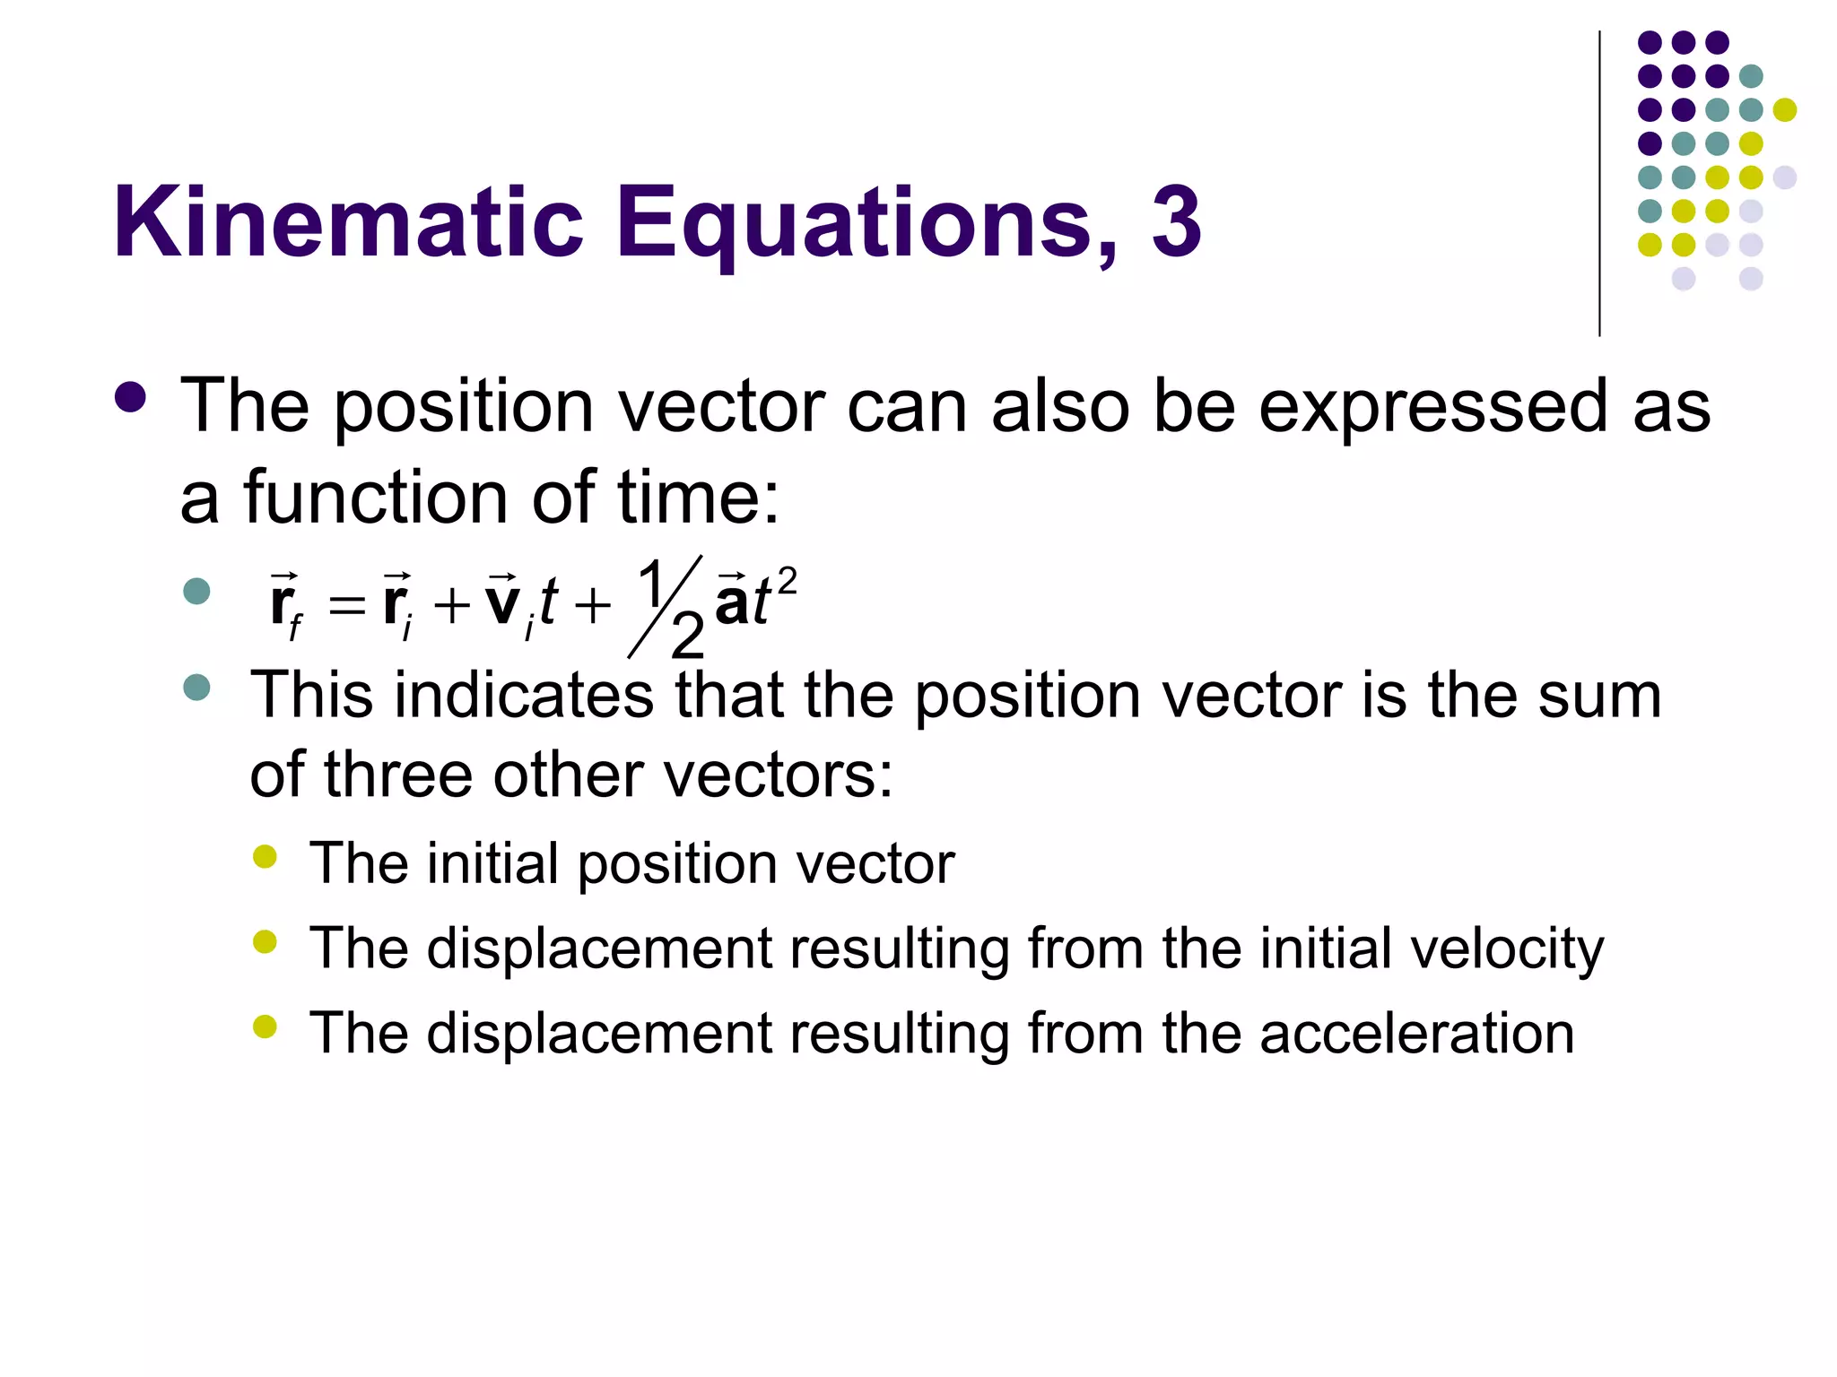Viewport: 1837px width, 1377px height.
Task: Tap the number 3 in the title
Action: tap(1176, 222)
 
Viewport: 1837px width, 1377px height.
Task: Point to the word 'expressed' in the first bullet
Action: tap(1432, 408)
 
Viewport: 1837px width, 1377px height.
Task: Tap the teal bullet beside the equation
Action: tap(196, 591)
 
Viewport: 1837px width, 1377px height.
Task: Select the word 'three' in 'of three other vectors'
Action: tap(396, 775)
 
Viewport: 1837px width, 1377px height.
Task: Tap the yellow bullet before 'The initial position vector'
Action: tap(265, 856)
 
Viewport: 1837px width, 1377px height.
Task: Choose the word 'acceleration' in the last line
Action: tap(1416, 1033)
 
